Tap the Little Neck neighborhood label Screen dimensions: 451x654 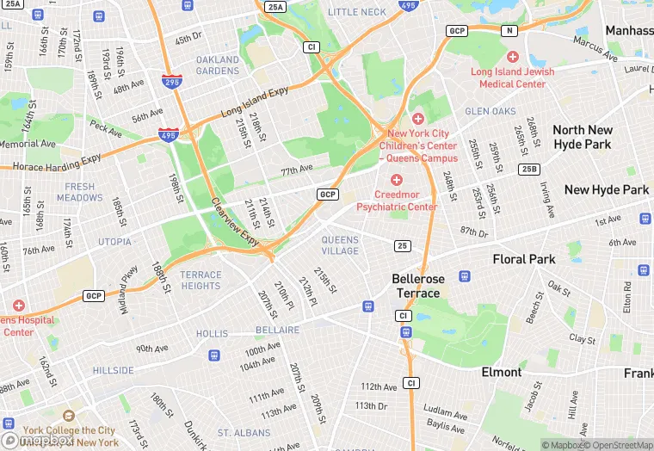click(357, 12)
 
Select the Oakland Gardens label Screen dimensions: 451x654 click(218, 65)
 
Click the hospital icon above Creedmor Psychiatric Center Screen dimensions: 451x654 click(397, 179)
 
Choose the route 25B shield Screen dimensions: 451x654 click(528, 169)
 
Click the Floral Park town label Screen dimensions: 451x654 click(524, 259)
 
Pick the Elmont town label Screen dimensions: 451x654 click(502, 373)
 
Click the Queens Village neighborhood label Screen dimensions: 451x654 click(340, 245)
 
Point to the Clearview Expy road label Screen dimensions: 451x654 click(235, 222)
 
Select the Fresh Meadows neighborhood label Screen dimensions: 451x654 click(80, 192)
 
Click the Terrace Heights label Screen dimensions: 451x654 click(201, 281)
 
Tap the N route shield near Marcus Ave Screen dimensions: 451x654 click(509, 31)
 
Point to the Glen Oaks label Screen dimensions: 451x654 click(490, 112)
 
